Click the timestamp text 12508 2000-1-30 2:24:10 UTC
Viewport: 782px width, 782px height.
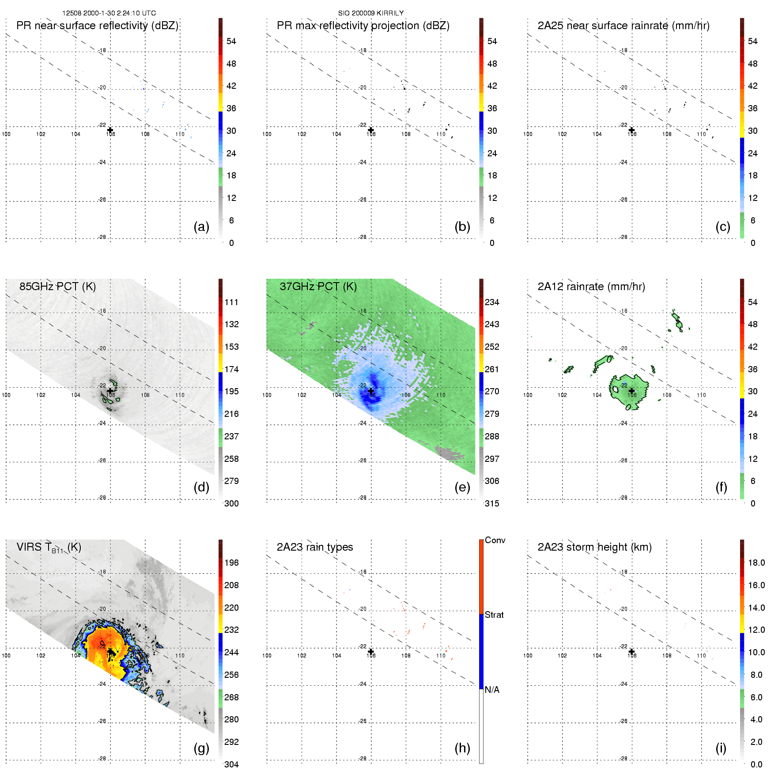point(109,13)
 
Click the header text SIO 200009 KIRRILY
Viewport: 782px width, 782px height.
point(371,13)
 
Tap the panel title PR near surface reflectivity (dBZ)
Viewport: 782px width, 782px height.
point(97,26)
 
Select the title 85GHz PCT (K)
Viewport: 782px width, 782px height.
point(57,287)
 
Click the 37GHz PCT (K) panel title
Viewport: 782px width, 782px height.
point(318,287)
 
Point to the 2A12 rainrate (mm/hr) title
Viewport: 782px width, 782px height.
point(591,287)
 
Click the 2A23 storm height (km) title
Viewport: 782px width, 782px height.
point(594,547)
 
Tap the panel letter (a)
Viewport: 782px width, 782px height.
point(201,227)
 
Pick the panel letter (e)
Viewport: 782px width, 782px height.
point(462,487)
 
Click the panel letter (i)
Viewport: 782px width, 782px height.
point(721,748)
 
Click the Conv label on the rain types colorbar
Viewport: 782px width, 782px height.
point(495,540)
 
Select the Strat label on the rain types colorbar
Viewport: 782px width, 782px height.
point(494,615)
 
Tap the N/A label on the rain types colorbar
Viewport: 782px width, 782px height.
point(492,690)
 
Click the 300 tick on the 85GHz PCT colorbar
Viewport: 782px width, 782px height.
point(231,503)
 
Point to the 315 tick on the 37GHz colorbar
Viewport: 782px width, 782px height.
point(492,503)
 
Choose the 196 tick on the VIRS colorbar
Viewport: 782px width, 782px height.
point(231,563)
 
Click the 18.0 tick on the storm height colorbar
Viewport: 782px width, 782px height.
point(756,563)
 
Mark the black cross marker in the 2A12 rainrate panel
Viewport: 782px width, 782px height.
point(631,391)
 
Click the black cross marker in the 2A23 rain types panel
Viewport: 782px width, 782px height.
point(371,651)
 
